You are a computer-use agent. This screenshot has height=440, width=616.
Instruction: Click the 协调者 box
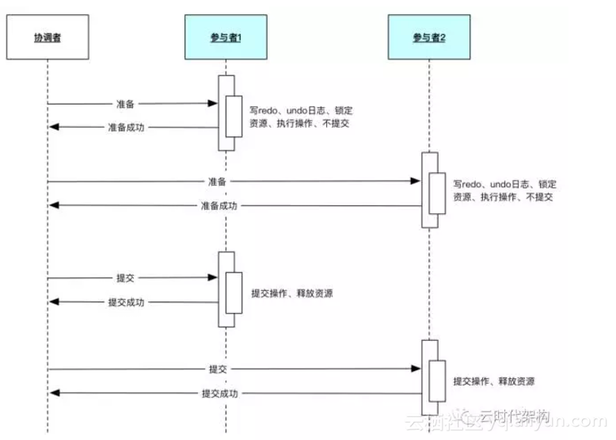(47, 36)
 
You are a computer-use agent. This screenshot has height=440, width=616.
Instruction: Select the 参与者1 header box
(226, 37)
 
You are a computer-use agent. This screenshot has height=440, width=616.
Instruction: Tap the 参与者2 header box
(428, 37)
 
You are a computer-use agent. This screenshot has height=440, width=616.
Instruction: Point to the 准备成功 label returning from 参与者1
(127, 127)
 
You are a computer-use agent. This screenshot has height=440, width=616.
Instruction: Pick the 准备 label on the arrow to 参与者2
(218, 182)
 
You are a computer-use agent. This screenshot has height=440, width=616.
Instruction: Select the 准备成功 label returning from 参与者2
(218, 205)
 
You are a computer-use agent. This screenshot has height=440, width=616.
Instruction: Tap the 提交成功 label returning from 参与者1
(127, 302)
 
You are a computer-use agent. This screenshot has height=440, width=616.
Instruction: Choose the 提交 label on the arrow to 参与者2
(219, 369)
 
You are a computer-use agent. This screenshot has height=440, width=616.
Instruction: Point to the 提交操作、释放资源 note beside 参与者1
(291, 293)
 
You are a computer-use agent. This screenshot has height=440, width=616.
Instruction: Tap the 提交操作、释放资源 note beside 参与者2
(493, 381)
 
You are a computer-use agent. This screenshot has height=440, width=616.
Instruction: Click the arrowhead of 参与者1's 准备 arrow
(213, 103)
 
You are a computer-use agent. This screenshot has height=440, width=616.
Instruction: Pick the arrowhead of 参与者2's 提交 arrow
(416, 369)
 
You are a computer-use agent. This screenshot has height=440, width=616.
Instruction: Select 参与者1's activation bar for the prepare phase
(226, 113)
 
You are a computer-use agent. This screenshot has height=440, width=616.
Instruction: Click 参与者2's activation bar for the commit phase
(429, 377)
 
